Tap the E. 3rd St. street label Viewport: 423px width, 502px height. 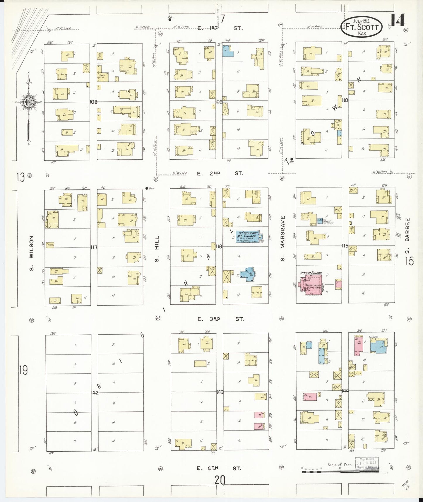tap(220, 319)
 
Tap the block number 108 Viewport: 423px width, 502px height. tap(93, 102)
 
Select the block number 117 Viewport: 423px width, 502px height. tap(93, 247)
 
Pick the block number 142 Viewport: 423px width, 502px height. tap(94, 393)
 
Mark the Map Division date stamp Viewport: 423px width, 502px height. tap(366, 463)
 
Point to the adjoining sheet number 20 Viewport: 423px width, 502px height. tap(220, 480)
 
